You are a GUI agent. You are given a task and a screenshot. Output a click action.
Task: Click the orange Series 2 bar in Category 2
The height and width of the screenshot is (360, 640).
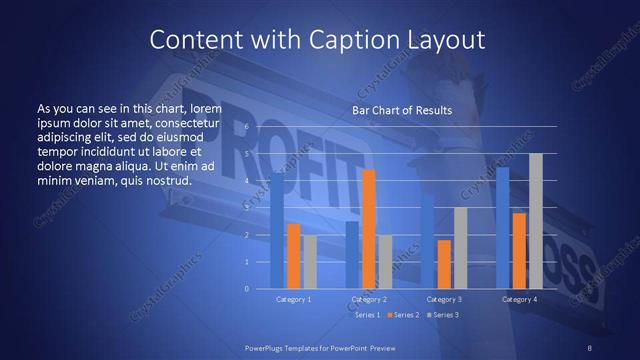point(368,229)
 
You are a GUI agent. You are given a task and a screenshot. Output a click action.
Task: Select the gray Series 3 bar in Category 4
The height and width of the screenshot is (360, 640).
point(535,221)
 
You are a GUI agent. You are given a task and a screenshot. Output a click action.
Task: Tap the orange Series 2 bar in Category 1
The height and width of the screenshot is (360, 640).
point(293,256)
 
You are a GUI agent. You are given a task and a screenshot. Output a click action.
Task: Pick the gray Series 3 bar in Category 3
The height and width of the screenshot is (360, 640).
point(460,248)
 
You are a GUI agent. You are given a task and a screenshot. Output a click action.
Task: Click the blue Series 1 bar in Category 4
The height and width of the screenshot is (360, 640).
point(502,228)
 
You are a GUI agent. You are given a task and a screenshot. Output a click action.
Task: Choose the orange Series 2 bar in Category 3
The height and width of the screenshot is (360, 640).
point(444,264)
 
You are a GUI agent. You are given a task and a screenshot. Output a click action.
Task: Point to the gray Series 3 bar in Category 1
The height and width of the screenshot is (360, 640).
point(310,262)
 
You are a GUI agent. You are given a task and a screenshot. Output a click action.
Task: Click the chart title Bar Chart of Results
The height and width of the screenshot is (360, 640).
point(402,110)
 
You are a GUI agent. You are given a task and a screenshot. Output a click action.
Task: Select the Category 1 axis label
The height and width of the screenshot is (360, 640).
point(293,299)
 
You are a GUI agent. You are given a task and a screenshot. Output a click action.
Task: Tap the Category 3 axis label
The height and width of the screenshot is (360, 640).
point(444,299)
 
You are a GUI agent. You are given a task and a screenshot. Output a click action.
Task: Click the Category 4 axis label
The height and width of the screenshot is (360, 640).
point(519,299)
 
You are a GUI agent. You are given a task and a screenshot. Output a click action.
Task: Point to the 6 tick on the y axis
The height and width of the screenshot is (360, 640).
point(246,128)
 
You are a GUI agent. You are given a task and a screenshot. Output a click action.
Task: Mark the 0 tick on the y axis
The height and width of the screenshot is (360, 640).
point(246,288)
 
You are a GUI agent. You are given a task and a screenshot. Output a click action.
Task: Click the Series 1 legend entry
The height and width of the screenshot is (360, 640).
point(366,315)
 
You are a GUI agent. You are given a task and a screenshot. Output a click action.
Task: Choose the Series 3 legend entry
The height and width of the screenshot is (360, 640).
point(444,315)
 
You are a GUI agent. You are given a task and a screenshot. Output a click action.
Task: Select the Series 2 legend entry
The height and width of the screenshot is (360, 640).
point(405,315)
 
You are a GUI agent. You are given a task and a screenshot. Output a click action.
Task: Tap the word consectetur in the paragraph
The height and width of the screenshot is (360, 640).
point(187,121)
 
